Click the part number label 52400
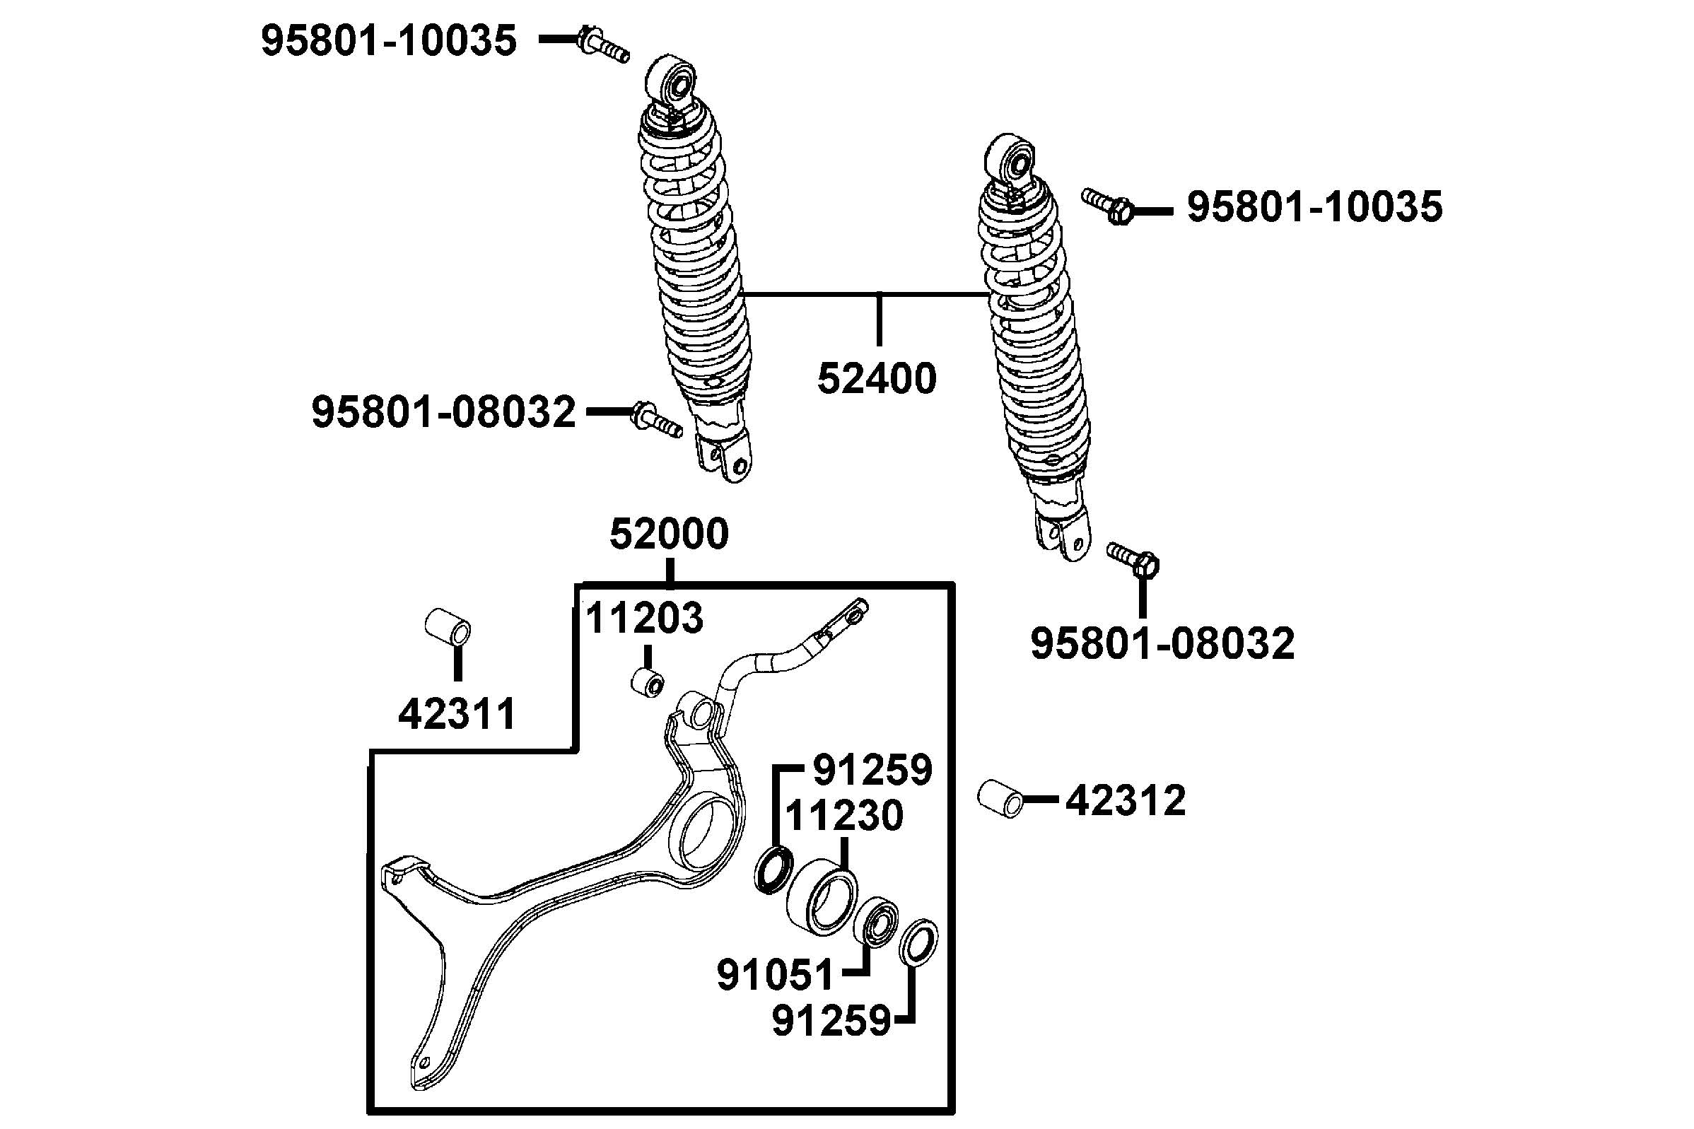click(x=876, y=379)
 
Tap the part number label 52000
click(x=669, y=534)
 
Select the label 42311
click(x=457, y=713)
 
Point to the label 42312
click(x=1126, y=801)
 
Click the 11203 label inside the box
click(x=644, y=618)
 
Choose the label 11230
click(x=843, y=816)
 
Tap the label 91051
click(x=775, y=975)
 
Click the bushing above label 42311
click(x=448, y=628)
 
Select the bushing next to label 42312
click(x=1000, y=797)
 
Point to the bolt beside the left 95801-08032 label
click(x=657, y=420)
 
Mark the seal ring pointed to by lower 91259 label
click(x=918, y=942)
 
